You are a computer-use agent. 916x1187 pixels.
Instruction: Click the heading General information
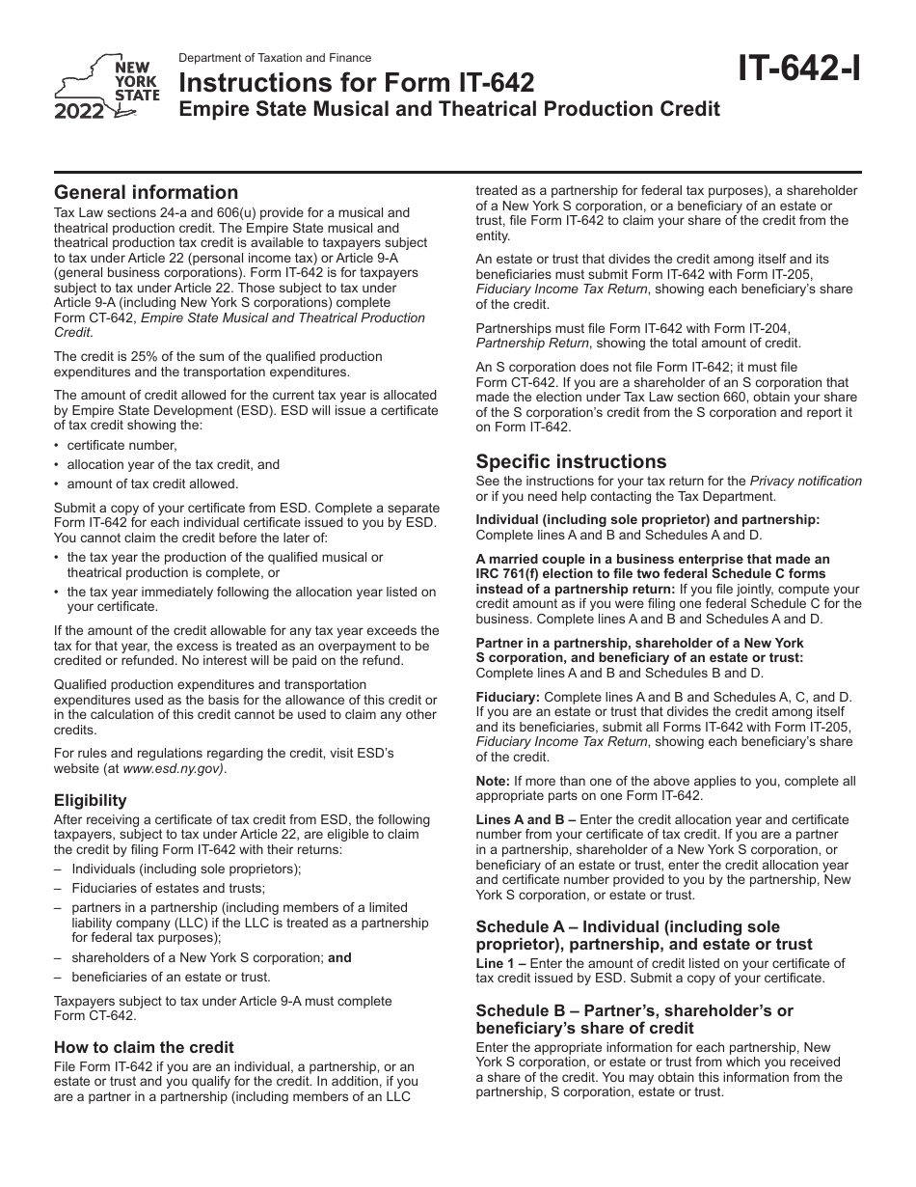point(146,192)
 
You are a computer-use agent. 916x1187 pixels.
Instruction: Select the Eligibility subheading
point(91,800)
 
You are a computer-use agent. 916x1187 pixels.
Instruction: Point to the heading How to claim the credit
point(144,1047)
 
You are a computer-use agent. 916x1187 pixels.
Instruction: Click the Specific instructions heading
point(571,461)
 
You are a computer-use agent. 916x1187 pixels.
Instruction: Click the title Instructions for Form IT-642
point(357,84)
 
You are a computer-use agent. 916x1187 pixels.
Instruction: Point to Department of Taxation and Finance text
point(275,58)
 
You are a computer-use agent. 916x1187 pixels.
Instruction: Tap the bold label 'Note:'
point(493,781)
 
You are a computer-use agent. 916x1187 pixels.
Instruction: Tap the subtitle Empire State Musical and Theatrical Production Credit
point(449,109)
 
